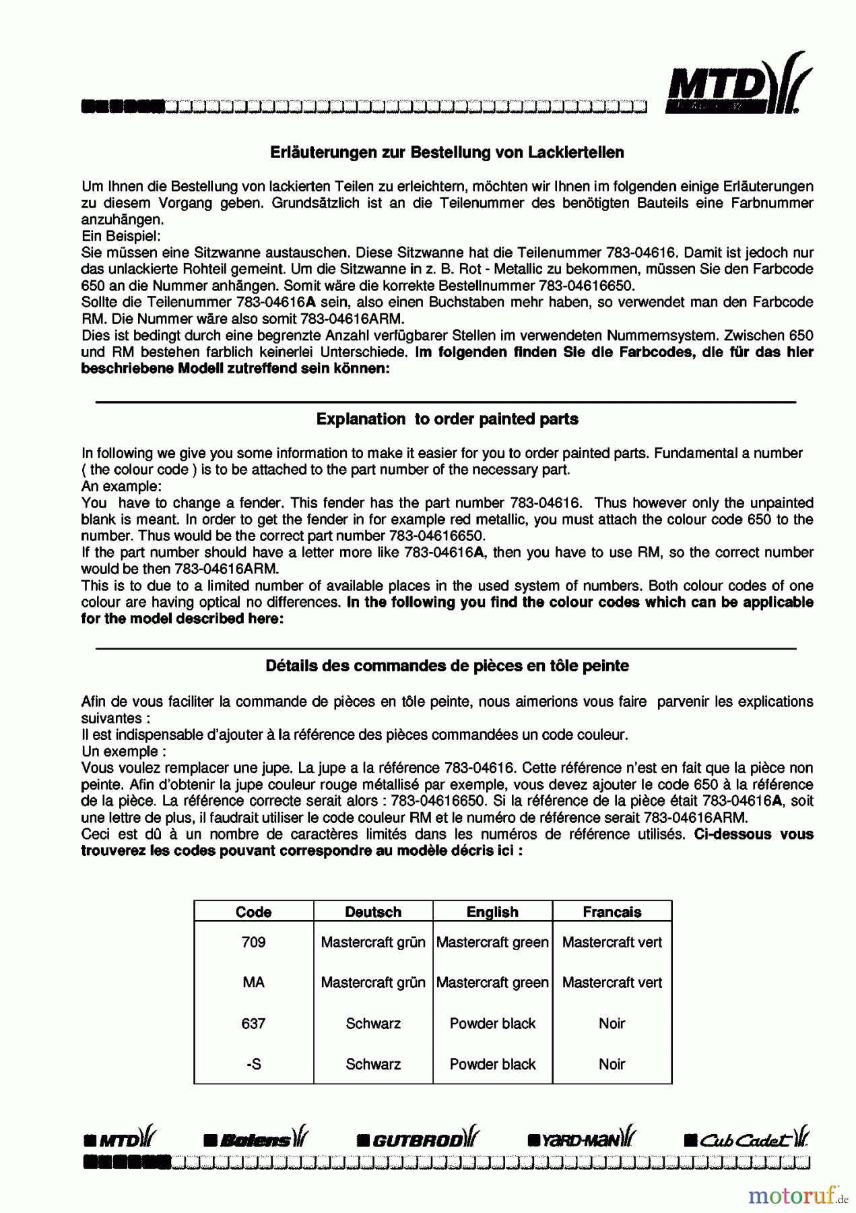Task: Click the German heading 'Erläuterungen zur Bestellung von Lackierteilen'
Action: pyautogui.click(x=447, y=152)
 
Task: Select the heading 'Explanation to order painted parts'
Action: pyautogui.click(x=447, y=419)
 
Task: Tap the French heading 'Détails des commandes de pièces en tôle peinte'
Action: pyautogui.click(x=447, y=666)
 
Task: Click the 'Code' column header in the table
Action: pyautogui.click(x=253, y=912)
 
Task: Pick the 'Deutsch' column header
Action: pyautogui.click(x=373, y=912)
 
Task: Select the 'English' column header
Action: pyautogui.click(x=492, y=912)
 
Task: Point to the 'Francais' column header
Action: pyautogui.click(x=612, y=912)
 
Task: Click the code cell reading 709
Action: pyautogui.click(x=253, y=942)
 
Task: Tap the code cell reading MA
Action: pyautogui.click(x=253, y=983)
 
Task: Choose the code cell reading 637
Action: pyautogui.click(x=253, y=1023)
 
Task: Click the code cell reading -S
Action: pyautogui.click(x=253, y=1064)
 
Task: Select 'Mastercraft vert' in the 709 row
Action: pyautogui.click(x=612, y=942)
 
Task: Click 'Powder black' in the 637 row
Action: pyautogui.click(x=492, y=1023)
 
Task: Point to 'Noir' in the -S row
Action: pyautogui.click(x=612, y=1064)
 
